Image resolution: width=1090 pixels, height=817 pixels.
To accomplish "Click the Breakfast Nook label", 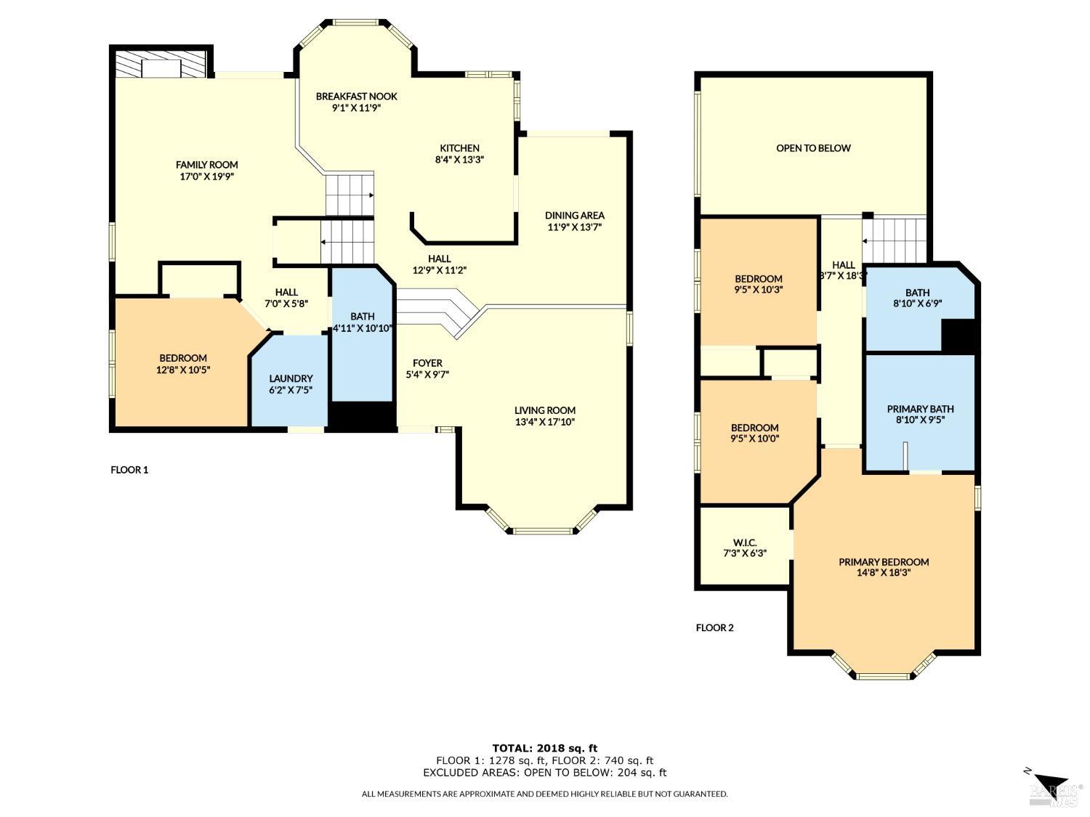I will [356, 96].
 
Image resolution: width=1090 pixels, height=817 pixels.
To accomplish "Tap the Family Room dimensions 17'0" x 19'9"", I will [207, 176].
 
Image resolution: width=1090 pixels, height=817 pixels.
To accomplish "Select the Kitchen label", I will [459, 148].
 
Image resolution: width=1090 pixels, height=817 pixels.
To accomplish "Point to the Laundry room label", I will [291, 378].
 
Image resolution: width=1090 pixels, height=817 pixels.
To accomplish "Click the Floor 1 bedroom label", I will [183, 358].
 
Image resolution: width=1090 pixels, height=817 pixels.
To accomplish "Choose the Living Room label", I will [545, 410].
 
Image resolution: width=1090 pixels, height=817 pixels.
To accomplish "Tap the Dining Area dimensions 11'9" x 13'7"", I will [574, 227].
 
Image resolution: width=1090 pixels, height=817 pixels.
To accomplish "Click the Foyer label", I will [427, 363].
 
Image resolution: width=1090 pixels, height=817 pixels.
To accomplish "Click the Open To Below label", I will [813, 148].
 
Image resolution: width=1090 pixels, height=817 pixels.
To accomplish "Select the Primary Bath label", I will [920, 409].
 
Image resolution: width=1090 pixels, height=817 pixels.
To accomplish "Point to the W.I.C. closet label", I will [745, 542].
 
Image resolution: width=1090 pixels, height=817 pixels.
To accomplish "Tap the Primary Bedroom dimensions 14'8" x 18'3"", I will [884, 572].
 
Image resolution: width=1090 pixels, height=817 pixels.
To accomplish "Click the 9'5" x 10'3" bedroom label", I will [758, 279].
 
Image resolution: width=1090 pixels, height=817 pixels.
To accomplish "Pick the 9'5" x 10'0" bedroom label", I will [755, 428].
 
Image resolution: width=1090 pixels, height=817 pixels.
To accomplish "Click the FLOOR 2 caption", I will [715, 627].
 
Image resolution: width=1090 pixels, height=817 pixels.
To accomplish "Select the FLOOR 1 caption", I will [129, 470].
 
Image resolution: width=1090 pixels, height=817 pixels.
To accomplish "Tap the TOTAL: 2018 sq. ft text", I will [544, 748].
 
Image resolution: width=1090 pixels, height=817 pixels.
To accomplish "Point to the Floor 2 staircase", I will [895, 239].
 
